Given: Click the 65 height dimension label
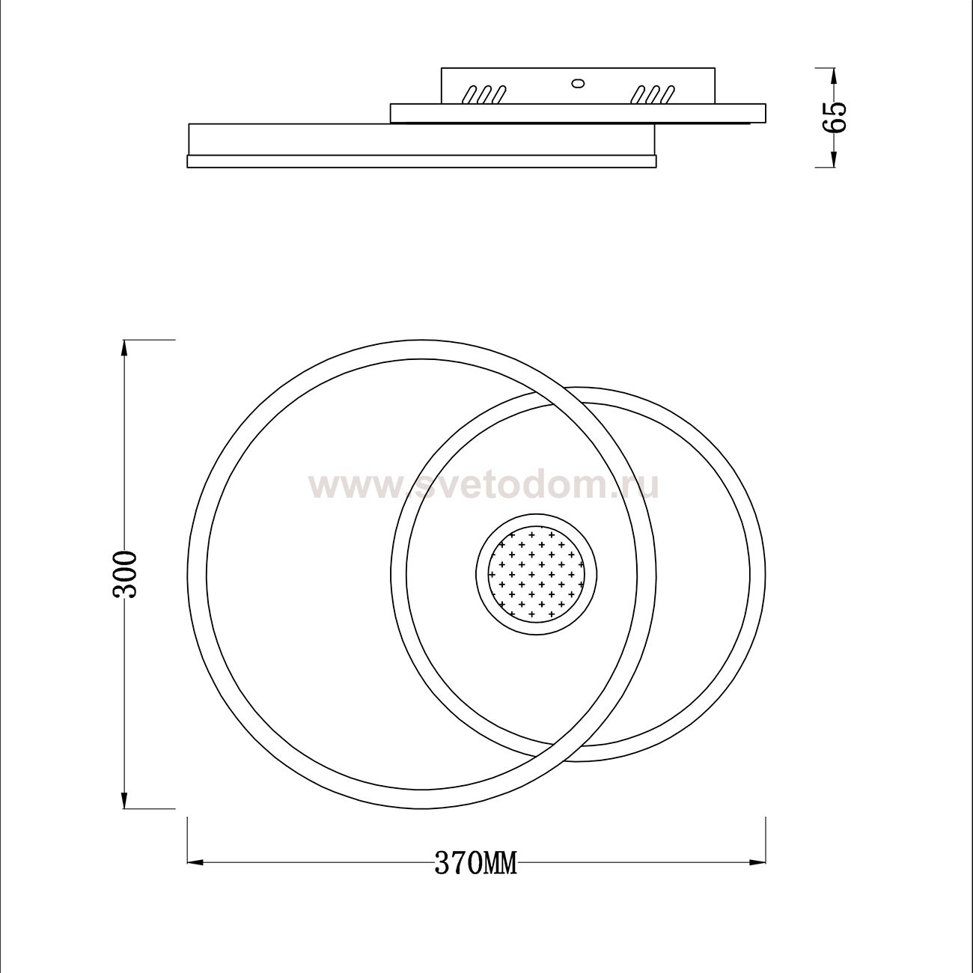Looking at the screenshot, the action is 834,118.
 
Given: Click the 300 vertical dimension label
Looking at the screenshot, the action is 124,575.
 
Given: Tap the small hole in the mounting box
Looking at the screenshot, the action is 577,83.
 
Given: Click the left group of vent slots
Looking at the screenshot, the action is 484,95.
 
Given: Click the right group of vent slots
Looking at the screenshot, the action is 653,95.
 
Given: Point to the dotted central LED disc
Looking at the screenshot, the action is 536,574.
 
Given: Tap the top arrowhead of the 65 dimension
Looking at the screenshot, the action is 833,76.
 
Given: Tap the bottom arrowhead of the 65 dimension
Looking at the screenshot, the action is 833,159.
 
